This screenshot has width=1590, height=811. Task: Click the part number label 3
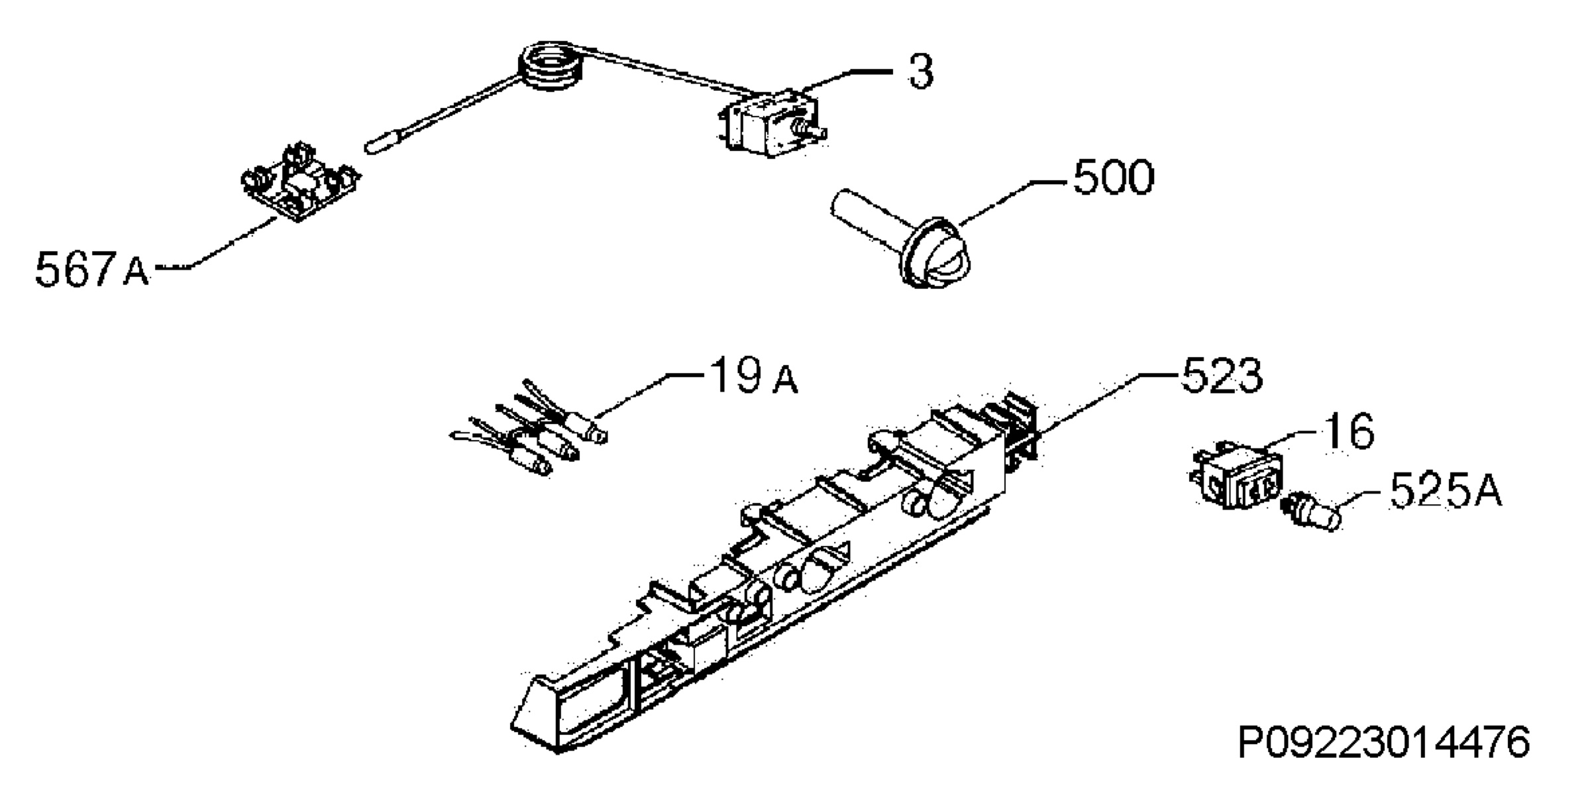coord(920,72)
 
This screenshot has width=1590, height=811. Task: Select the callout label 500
coord(1113,178)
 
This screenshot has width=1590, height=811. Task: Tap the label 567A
coord(92,269)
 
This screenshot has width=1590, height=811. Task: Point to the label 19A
coord(754,376)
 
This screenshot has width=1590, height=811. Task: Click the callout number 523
coord(1222,376)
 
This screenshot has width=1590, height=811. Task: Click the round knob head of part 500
coord(935,253)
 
